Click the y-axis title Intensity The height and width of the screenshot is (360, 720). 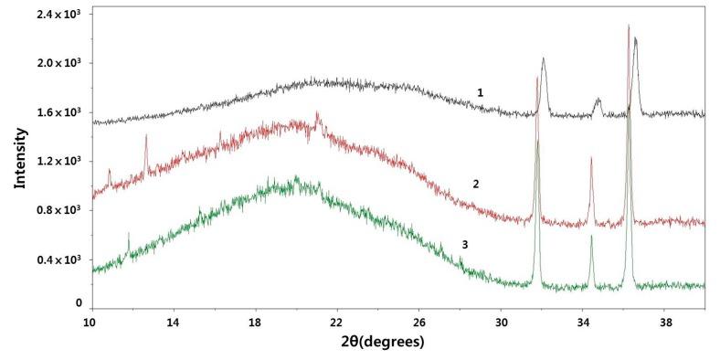19,157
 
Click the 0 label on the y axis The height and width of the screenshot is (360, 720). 79,302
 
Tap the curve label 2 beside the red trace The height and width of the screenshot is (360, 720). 476,184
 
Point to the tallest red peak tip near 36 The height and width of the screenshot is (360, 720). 629,26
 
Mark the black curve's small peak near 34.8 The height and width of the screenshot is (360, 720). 598,100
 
